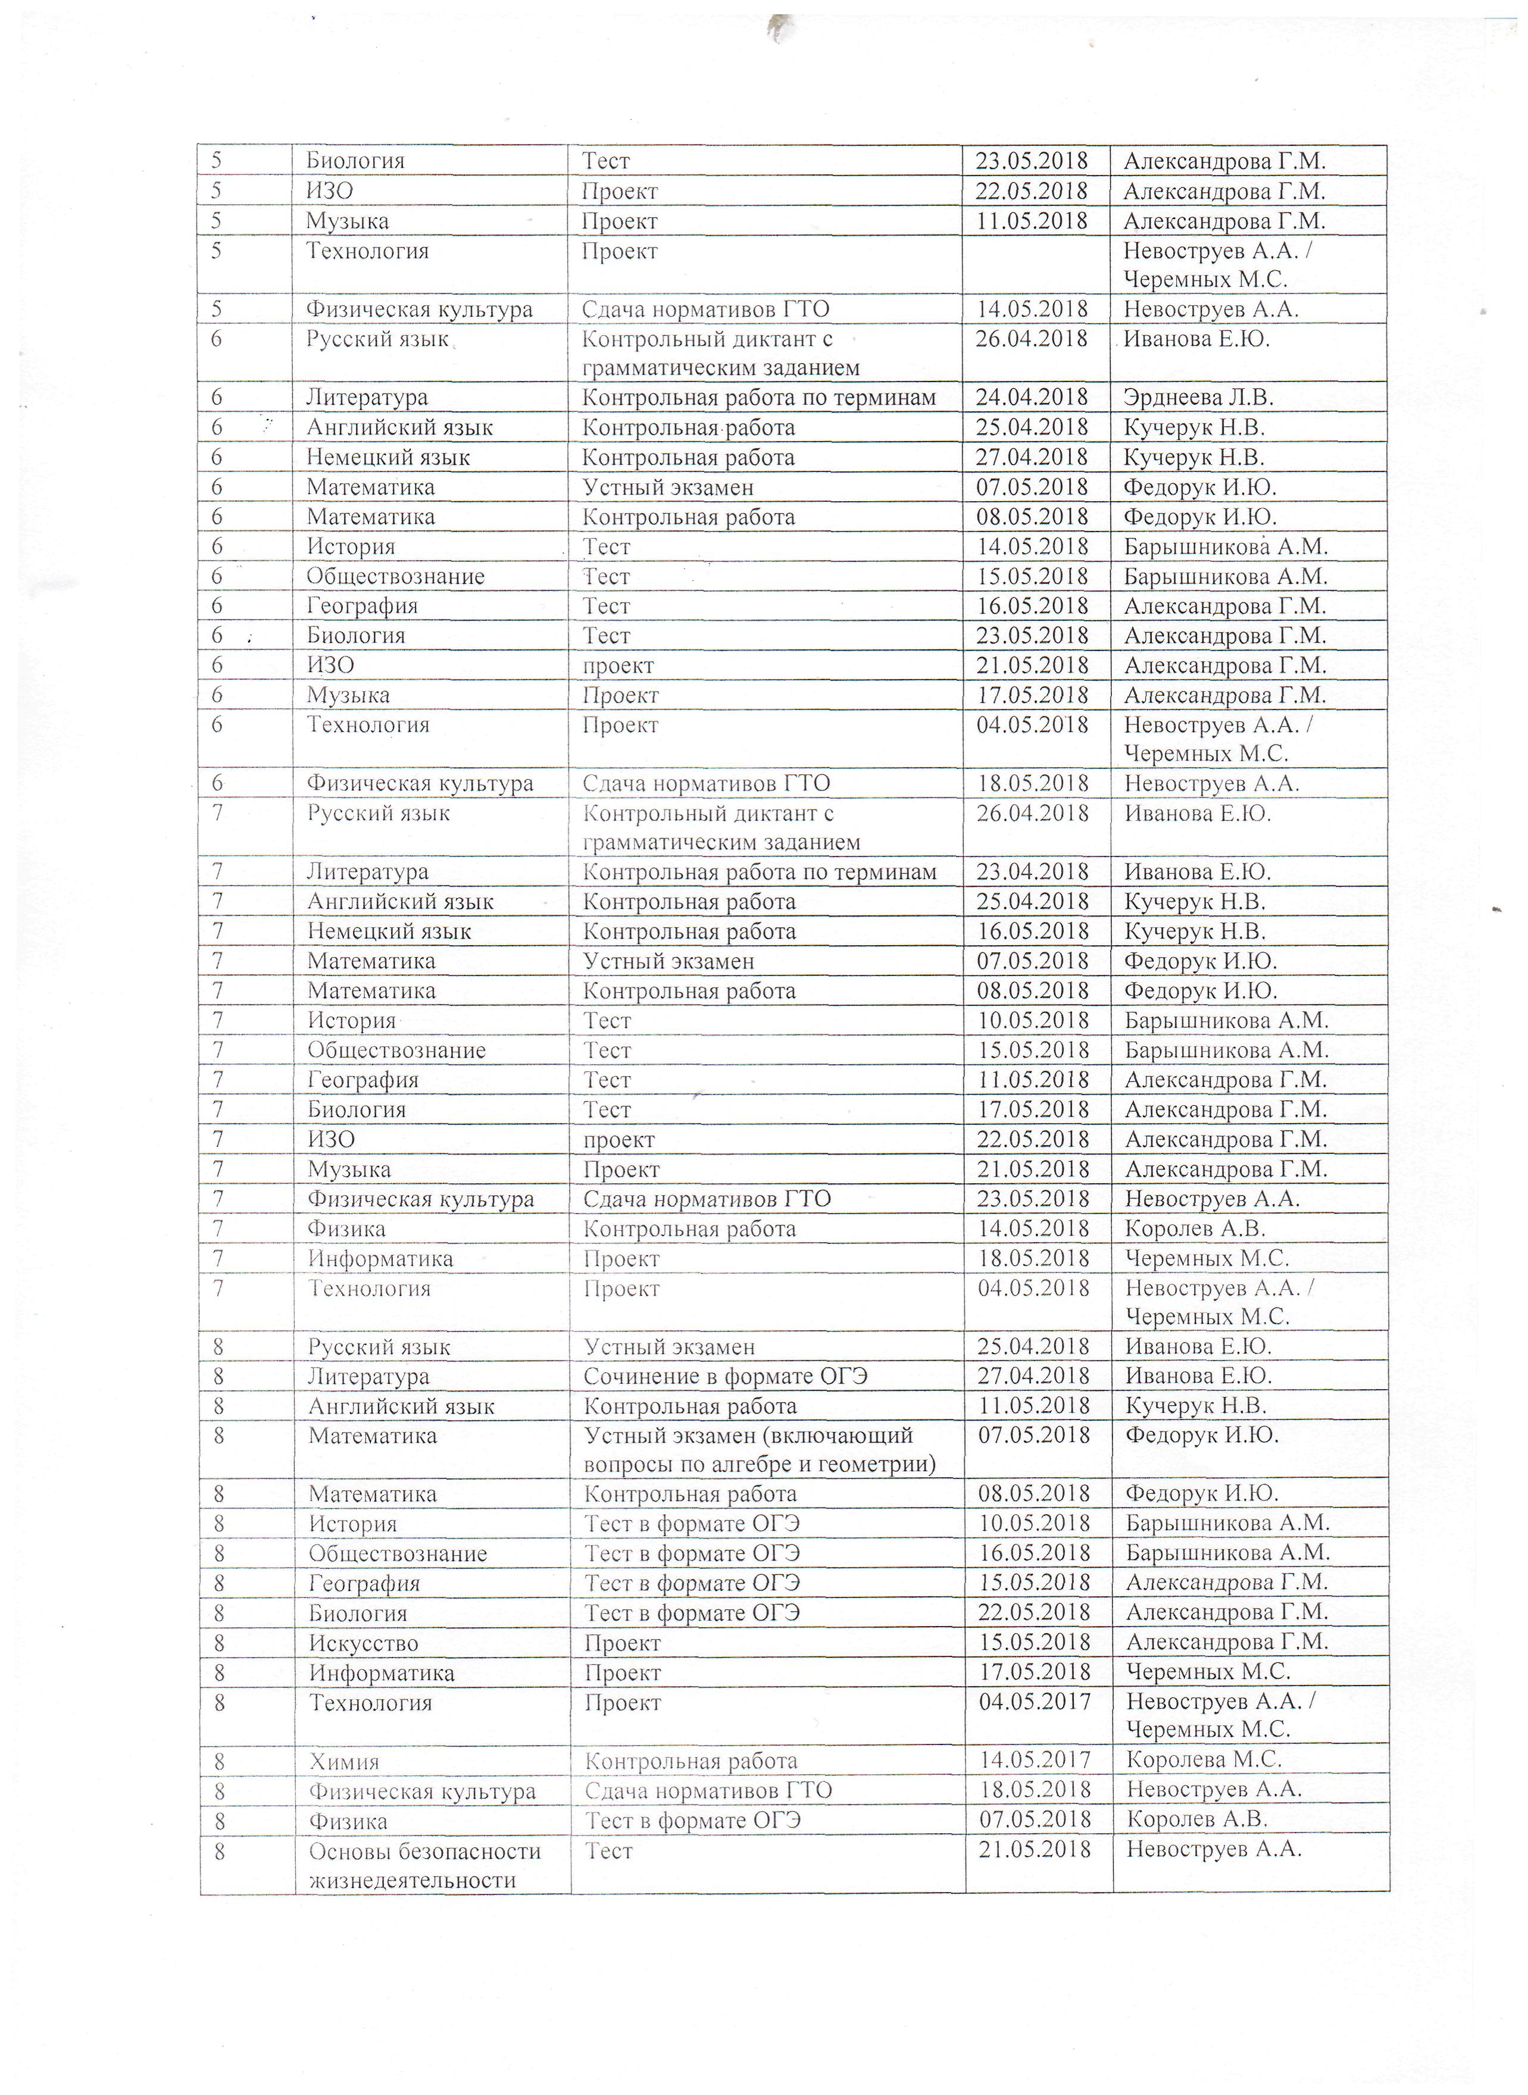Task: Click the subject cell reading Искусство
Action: point(364,1643)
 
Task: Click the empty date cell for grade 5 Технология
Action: point(1036,264)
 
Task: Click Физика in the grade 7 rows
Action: point(347,1229)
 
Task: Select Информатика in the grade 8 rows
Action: point(381,1672)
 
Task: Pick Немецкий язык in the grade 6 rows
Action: point(389,458)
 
